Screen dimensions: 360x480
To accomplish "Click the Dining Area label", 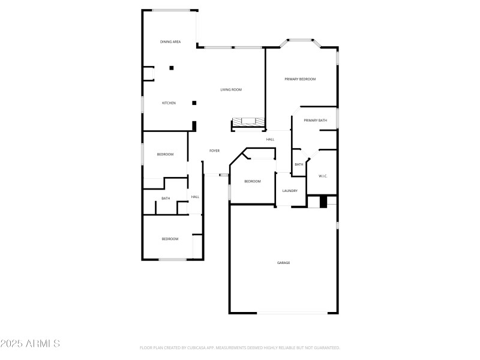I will [x=170, y=42].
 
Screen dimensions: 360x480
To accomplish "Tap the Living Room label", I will [x=231, y=90].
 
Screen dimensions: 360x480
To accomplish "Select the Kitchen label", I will [x=169, y=103].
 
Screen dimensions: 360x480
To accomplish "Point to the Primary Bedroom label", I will [x=300, y=79].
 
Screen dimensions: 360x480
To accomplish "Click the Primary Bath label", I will [x=315, y=121].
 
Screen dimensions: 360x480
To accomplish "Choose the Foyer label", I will [x=214, y=151].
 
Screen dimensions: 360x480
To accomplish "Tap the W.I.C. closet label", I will [x=322, y=176].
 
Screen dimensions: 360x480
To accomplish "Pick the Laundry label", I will [x=290, y=191].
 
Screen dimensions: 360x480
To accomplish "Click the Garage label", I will [x=283, y=263].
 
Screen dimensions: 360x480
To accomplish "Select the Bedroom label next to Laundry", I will [x=253, y=181].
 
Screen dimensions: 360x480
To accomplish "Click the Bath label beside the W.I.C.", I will [x=298, y=165].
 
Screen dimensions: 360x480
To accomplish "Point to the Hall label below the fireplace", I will [x=271, y=140].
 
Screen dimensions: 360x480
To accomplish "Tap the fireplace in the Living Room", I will [x=248, y=123].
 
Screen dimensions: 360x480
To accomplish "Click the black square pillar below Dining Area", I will [x=172, y=68].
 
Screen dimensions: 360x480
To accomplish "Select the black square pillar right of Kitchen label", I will [x=194, y=103].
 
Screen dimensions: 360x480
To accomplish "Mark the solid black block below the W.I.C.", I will [x=323, y=202].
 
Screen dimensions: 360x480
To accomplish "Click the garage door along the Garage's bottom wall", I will [x=292, y=313].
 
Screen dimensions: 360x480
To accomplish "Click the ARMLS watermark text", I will [x=30, y=344].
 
